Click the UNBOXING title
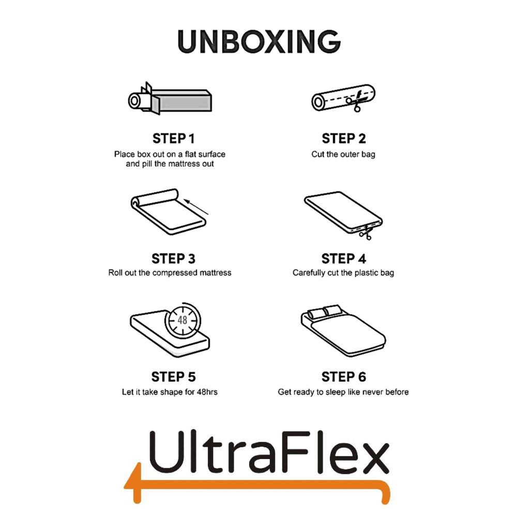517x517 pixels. point(258,41)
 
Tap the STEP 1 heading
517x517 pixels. point(174,139)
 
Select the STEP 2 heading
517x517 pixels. point(343,139)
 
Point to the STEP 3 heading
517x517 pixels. point(174,258)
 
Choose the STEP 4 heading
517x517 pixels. point(343,258)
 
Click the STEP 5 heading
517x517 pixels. point(174,376)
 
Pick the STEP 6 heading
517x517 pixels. point(343,376)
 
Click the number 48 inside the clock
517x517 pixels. point(183,321)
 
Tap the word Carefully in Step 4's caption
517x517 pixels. point(309,272)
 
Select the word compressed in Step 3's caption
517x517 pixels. point(177,272)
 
